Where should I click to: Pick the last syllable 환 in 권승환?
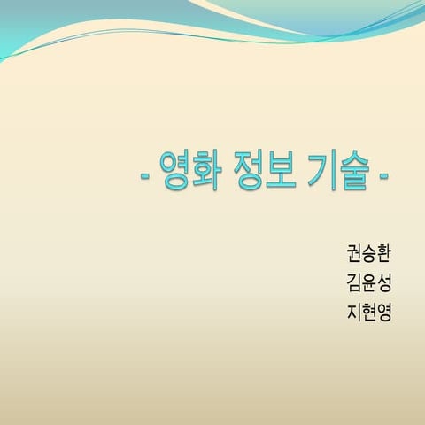click(x=384, y=253)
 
